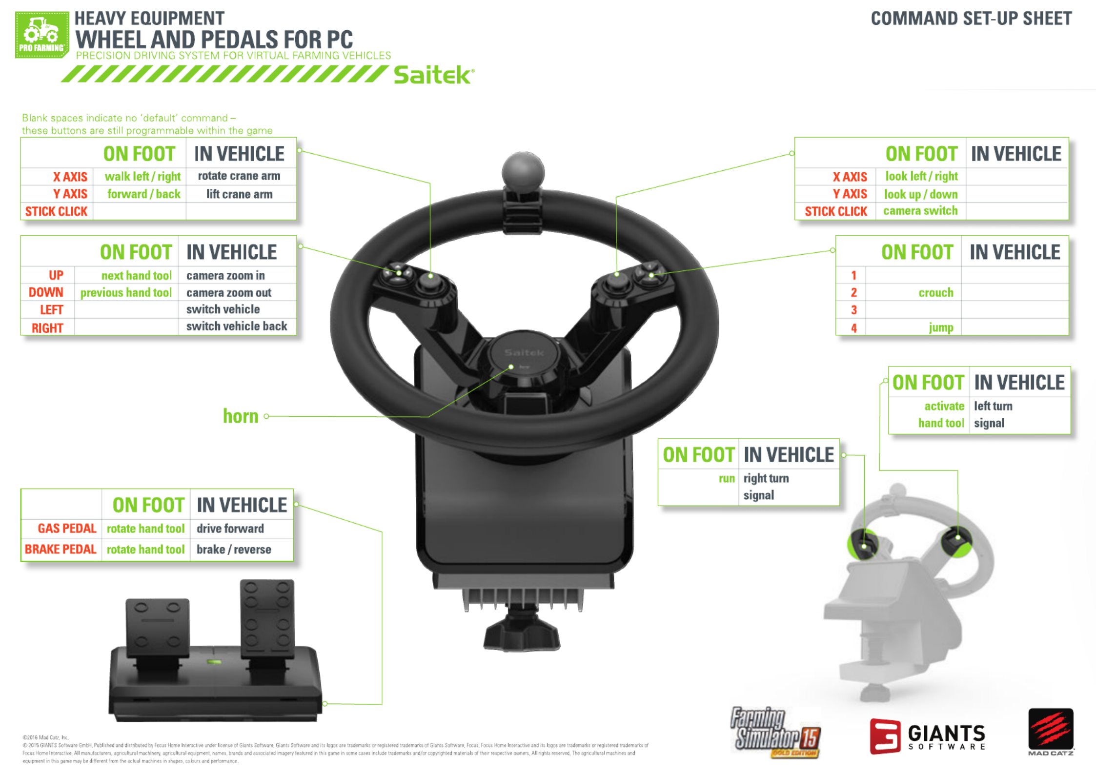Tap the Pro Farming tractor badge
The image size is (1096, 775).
coord(42,35)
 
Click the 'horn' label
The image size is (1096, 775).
coord(241,416)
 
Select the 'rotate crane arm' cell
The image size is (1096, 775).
coord(239,176)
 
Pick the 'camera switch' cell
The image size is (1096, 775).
coord(920,211)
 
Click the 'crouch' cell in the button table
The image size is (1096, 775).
coord(935,292)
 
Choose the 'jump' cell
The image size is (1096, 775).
coord(941,327)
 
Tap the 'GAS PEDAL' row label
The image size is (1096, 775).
coord(67,529)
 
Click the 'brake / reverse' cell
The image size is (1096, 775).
coord(234,550)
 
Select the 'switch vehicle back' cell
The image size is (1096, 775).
coord(237,326)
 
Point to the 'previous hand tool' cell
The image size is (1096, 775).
coord(126,293)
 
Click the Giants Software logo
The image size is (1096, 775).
coord(928,736)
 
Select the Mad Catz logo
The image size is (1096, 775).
coord(1051,731)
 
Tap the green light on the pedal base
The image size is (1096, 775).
coord(214,662)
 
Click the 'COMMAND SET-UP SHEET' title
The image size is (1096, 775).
coord(971,19)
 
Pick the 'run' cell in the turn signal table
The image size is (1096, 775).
coord(726,479)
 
